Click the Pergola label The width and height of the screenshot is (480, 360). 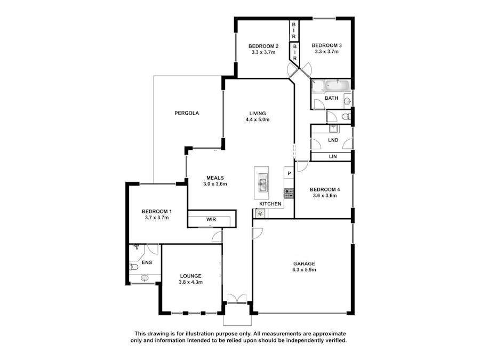tap(187, 113)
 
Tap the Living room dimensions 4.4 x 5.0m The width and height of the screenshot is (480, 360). tap(258, 119)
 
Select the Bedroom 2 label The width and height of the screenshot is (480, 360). tap(263, 46)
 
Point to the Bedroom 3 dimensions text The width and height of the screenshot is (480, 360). tap(326, 52)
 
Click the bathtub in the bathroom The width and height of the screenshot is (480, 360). tap(338, 86)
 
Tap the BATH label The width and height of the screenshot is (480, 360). tap(331, 98)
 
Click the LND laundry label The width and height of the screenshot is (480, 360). tap(333, 140)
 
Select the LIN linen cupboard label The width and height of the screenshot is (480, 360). tap(333, 156)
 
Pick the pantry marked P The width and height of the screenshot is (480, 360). tap(289, 173)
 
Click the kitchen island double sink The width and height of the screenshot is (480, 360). tap(262, 182)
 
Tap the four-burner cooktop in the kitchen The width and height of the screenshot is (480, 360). tap(289, 194)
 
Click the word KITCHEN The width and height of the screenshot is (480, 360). tap(270, 204)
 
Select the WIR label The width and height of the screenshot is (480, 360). tap(211, 220)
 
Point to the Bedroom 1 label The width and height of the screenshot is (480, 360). tap(157, 212)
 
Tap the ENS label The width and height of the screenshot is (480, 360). tap(147, 262)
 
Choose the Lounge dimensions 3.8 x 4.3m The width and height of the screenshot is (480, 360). tap(191, 282)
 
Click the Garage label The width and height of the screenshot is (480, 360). tap(304, 263)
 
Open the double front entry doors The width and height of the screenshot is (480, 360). tap(237, 299)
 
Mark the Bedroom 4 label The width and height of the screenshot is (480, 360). tap(325, 189)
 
